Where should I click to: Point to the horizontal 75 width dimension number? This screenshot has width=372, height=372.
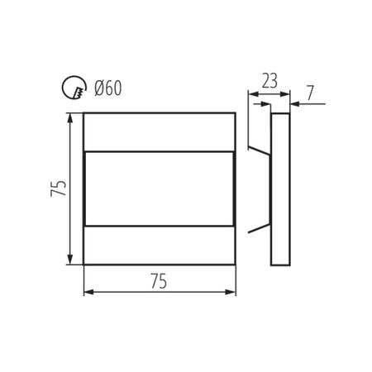click(159, 282)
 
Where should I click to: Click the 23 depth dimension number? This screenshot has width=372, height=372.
click(269, 80)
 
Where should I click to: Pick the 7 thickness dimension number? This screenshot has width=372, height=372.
click(309, 92)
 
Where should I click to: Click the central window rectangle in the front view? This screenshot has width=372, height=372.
click(160, 188)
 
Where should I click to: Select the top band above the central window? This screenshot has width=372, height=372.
click(160, 132)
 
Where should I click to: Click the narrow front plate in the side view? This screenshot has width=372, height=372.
click(281, 188)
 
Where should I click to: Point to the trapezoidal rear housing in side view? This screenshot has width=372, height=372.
click(261, 188)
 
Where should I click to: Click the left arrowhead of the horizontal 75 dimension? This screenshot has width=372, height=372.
click(88, 292)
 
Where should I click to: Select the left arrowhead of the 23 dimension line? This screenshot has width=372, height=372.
click(253, 94)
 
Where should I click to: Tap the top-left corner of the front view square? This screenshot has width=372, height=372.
click(83, 113)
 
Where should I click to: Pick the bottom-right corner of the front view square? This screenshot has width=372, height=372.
click(236, 265)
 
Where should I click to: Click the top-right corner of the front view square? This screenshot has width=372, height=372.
click(236, 113)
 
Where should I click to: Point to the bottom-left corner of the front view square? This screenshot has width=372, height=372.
click(83, 265)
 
